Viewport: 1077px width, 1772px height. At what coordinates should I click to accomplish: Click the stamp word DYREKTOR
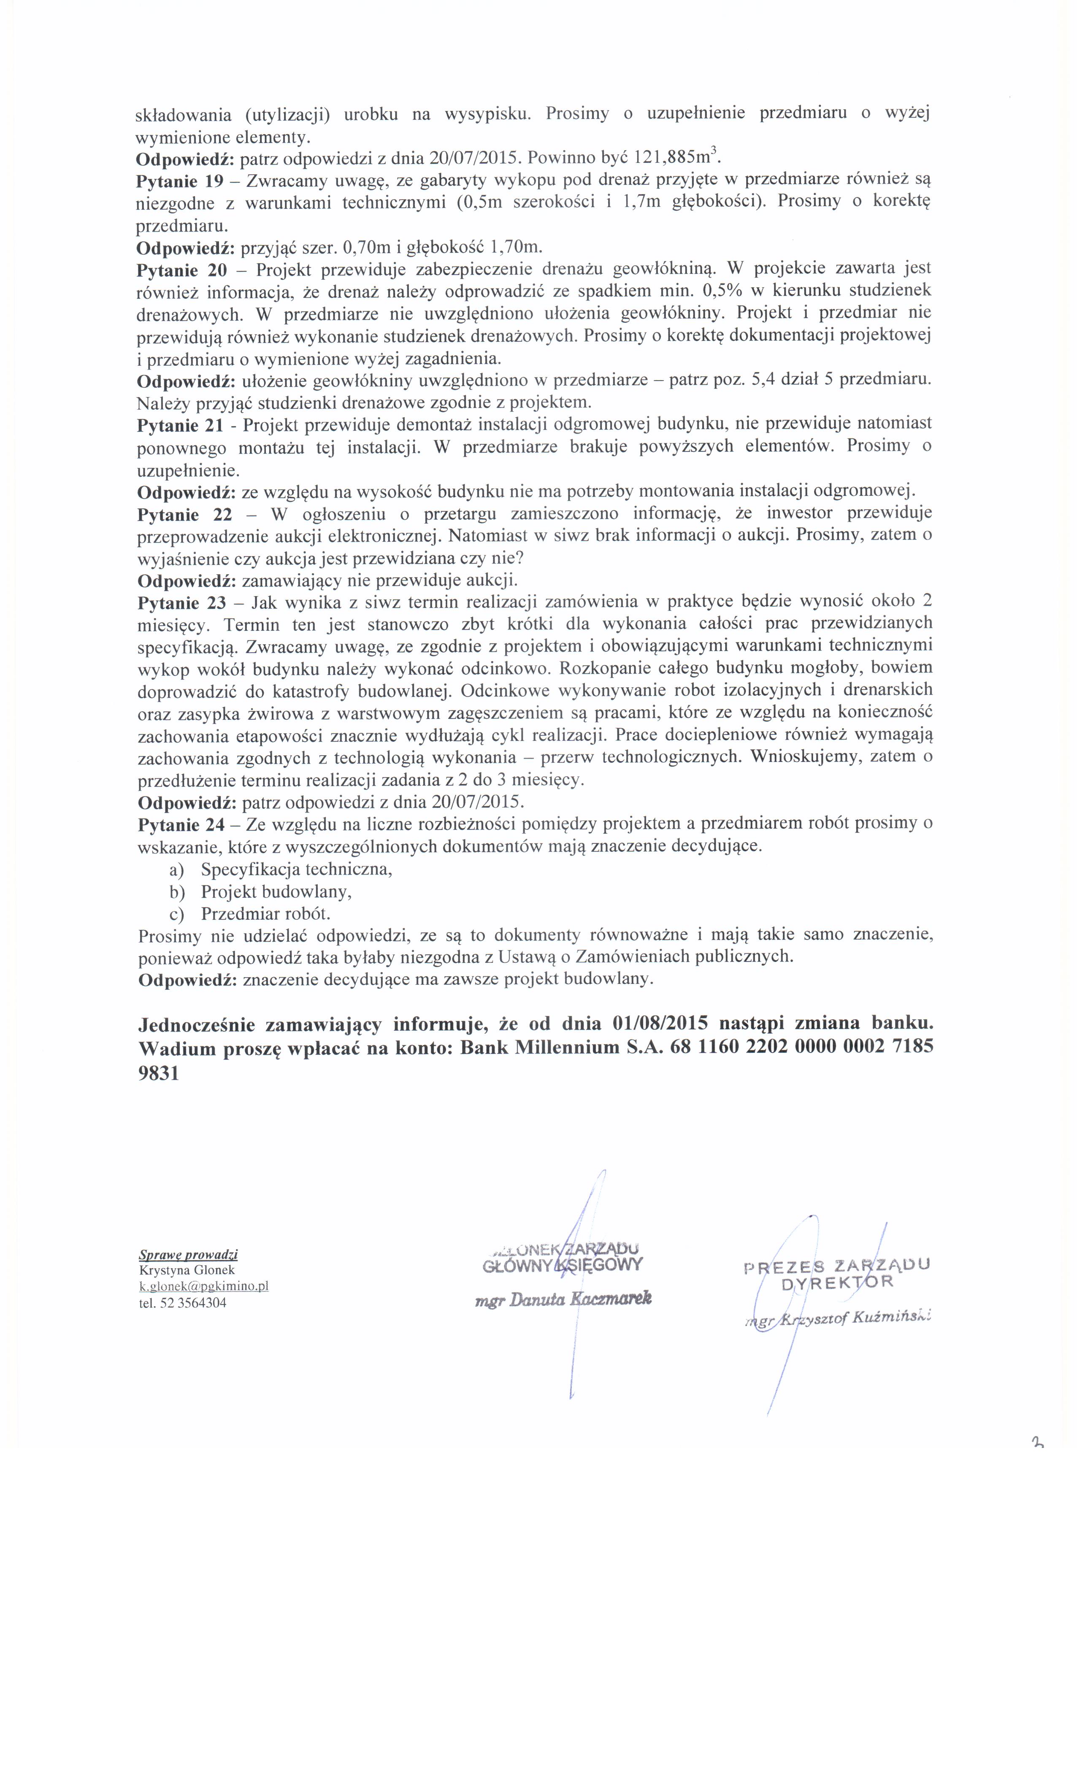tap(837, 1282)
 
